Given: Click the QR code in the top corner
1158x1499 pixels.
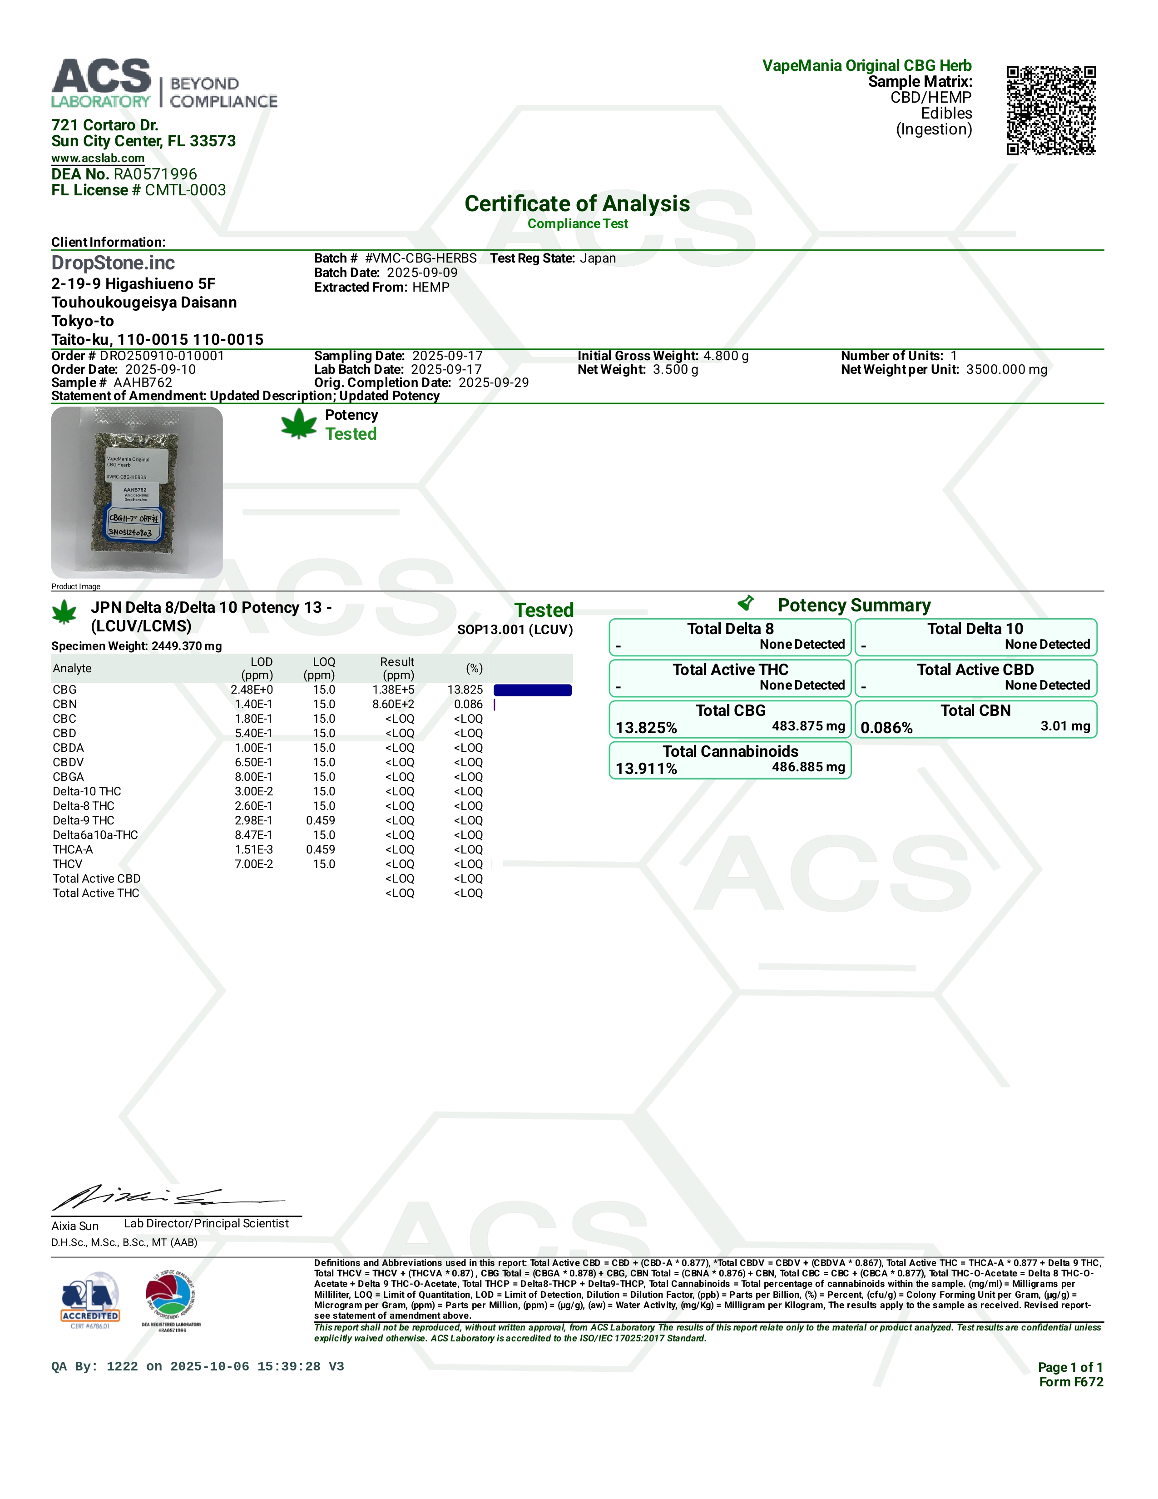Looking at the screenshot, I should pos(1050,110).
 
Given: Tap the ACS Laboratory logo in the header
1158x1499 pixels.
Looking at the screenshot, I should pos(164,84).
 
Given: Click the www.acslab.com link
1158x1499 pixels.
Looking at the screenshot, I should pos(98,159).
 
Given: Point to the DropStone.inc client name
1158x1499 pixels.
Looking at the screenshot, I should pos(113,263).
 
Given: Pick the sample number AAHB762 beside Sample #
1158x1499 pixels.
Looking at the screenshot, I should pos(143,383).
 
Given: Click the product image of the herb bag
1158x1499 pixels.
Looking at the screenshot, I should pos(137,492).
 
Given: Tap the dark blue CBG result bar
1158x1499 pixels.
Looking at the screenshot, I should pos(532,690).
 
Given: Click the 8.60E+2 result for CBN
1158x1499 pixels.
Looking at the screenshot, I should pos(394,704).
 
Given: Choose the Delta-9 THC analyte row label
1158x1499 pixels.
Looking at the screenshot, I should pos(84,820).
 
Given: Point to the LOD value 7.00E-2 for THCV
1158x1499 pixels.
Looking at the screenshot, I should pos(254,864).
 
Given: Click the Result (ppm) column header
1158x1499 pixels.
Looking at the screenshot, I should pos(397,668).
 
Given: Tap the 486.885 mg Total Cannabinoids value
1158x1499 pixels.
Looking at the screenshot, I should pos(808,767).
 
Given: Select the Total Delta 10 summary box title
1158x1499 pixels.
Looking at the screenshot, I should pos(975,629).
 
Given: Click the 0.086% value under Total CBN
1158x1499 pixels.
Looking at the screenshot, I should pos(886,728).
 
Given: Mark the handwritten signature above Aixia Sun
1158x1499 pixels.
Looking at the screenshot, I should pos(165,1199).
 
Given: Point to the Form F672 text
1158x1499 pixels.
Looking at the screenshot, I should pos(1070,1382).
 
